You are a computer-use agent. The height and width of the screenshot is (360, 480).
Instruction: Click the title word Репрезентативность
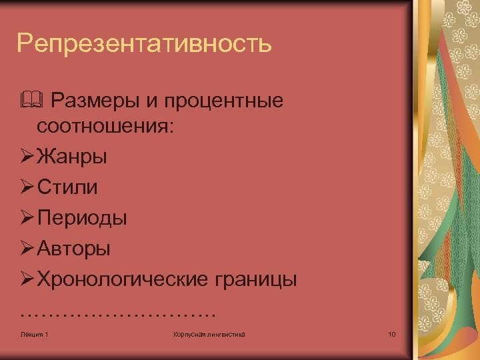pyautogui.click(x=145, y=44)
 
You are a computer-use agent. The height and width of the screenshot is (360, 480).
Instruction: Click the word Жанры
pyautogui.click(x=73, y=158)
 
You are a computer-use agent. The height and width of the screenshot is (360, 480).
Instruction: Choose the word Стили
pyautogui.click(x=67, y=187)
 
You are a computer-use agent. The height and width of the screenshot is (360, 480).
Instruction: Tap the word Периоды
pyautogui.click(x=83, y=218)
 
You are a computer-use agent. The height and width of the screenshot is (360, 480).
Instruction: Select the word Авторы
pyautogui.click(x=74, y=249)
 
